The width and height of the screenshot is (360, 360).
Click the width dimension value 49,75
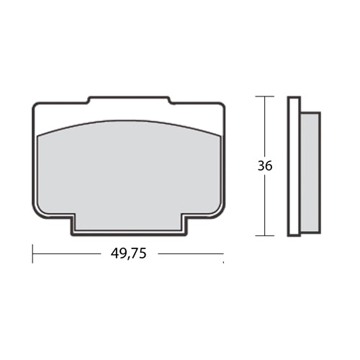(129, 253)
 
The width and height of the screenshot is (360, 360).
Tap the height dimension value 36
(265, 165)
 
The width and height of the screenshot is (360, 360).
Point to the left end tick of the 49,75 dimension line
(33, 253)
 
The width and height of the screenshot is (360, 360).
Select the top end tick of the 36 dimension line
(265, 96)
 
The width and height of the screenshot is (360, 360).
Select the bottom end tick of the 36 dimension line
(265, 235)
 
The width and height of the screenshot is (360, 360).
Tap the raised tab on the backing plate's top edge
(129, 99)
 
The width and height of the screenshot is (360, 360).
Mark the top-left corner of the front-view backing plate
(36, 106)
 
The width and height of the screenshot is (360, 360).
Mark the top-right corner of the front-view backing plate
(222, 106)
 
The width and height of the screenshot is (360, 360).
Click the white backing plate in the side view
(293, 166)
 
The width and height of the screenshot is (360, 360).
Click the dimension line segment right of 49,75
(190, 253)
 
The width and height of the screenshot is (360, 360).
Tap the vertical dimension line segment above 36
(265, 126)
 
